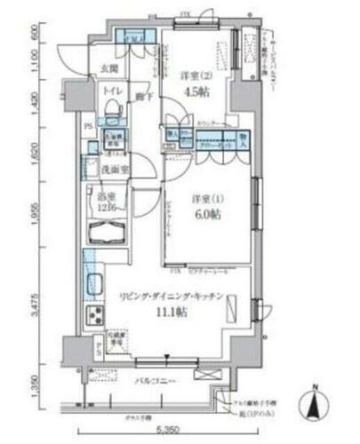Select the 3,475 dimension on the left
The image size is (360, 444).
(35, 304)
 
